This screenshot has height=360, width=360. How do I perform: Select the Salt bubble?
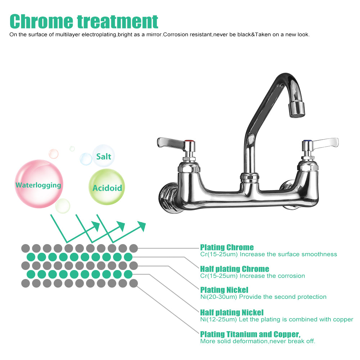click(104, 156)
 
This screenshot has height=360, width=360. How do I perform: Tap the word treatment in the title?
click(117, 22)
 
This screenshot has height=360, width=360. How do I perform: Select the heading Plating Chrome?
click(227, 247)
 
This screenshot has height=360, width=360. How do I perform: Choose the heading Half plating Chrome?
click(234, 269)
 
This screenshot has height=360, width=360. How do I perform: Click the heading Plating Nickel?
click(224, 290)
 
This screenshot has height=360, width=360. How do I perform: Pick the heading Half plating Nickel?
click(232, 312)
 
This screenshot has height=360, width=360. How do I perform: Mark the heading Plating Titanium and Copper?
click(250, 334)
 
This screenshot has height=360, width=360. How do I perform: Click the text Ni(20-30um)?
click(219, 297)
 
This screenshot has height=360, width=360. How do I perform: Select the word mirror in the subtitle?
click(152, 35)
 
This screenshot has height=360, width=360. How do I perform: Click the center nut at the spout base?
click(249, 177)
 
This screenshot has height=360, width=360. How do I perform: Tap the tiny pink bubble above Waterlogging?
click(54, 154)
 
